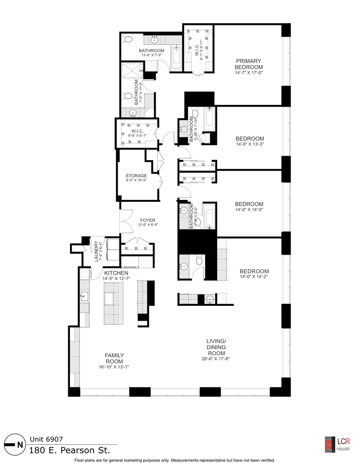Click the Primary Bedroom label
coord(249,64)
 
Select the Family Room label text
coord(114,359)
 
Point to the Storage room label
coord(136,176)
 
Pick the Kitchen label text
coord(115,273)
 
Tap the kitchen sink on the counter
coord(84,296)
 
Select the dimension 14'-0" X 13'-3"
coord(249,145)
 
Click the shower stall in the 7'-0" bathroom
coord(131,71)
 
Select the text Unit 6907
coord(46,440)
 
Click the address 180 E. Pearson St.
coord(69,450)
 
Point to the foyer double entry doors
coord(128,222)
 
